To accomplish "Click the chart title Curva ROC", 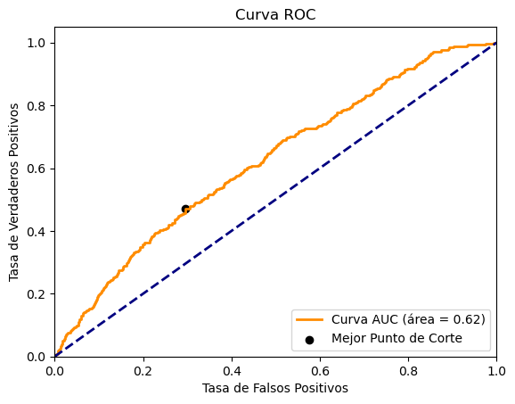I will [x=275, y=15].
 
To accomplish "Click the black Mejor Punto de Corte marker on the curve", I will [x=185, y=209].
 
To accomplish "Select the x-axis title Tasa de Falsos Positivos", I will [x=275, y=388].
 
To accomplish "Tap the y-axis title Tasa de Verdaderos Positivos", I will [x=15, y=193].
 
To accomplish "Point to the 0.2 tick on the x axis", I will [x=143, y=371].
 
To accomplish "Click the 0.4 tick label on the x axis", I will [x=232, y=371].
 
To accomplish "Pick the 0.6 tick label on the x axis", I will [x=320, y=371].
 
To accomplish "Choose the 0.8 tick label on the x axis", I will [x=408, y=371].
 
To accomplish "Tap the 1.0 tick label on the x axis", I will [x=495, y=371].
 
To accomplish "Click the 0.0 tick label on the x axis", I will [x=55, y=371].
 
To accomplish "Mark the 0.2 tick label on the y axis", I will [x=37, y=294].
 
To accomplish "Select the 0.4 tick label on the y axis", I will [x=37, y=232].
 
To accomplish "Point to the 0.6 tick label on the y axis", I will [x=37, y=169].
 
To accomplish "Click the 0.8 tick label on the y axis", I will [x=37, y=106].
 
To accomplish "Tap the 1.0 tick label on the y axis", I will [x=37, y=44].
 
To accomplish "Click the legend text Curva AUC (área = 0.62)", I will [x=409, y=319].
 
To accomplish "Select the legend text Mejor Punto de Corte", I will [x=396, y=338].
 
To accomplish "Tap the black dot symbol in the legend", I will [x=311, y=339].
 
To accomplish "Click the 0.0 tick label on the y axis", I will [x=37, y=357].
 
